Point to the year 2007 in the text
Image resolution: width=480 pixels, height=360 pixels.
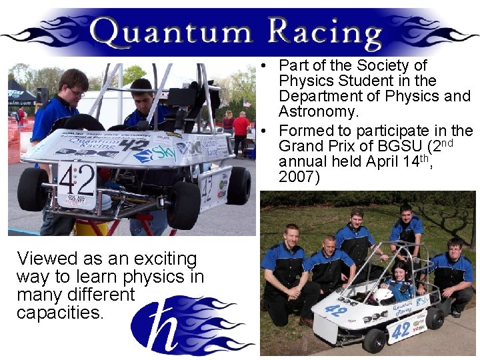point(299,178)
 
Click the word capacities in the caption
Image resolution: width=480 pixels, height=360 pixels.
point(61,311)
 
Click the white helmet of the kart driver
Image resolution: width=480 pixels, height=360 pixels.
point(382,295)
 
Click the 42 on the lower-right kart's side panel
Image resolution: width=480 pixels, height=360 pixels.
point(401,330)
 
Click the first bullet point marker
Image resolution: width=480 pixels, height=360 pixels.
point(265,66)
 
